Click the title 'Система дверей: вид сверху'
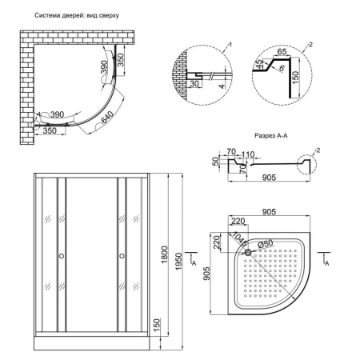pyautogui.click(x=77, y=15)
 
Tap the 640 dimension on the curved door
pyautogui.click(x=107, y=118)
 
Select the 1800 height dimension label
pyautogui.click(x=165, y=254)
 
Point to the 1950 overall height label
pyautogui.click(x=178, y=262)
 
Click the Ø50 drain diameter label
pyautogui.click(x=266, y=243)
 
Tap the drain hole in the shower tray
pyautogui.click(x=248, y=252)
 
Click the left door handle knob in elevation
pyautogui.click(x=62, y=256)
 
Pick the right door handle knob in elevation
pyautogui.click(x=122, y=256)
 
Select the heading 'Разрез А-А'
pyautogui.click(x=271, y=136)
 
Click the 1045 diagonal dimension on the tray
pyautogui.click(x=238, y=238)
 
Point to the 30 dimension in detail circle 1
pyautogui.click(x=194, y=84)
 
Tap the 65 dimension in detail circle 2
pyautogui.click(x=282, y=51)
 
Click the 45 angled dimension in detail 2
pyautogui.click(x=258, y=64)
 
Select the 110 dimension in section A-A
pyautogui.click(x=248, y=154)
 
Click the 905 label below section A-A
pyautogui.click(x=269, y=178)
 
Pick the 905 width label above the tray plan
pyautogui.click(x=269, y=212)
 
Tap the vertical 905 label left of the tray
pyautogui.click(x=206, y=274)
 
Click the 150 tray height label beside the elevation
pyautogui.click(x=156, y=325)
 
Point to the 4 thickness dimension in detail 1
pyautogui.click(x=222, y=87)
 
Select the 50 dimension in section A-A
pyautogui.click(x=216, y=161)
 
